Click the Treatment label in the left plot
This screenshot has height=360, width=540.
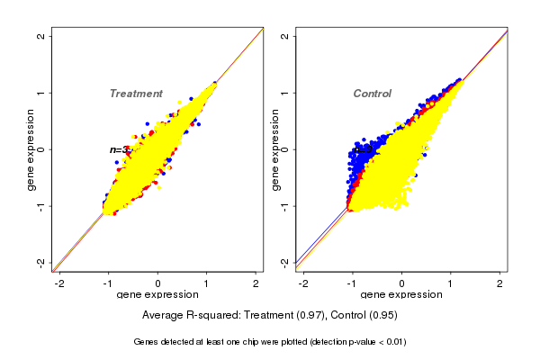coord(136,94)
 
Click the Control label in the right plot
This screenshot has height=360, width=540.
coord(372,94)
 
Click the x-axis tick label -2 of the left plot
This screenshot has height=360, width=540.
coord(59,283)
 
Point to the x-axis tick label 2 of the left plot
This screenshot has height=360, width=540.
coord(256,283)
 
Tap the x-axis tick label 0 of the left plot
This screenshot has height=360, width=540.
coord(158,283)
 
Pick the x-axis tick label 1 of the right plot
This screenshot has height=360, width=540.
coord(452,283)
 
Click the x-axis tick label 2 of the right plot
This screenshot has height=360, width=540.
coord(501,283)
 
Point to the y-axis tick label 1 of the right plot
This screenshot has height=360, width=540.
coord(285,93)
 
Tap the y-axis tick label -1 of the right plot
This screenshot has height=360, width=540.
coord(285,205)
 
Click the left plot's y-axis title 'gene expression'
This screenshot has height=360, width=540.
coord(31,149)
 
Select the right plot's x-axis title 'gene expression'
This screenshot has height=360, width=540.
coord(401,294)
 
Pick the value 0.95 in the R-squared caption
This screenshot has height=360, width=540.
coord(382,316)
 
